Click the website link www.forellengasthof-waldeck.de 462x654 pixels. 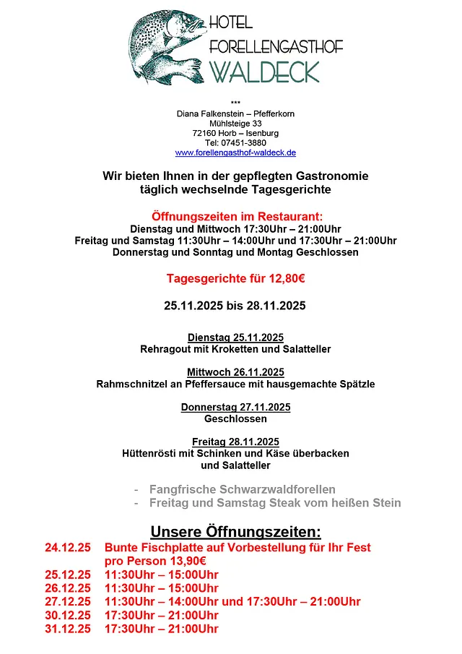point(235,153)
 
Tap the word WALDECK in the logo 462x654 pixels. point(264,72)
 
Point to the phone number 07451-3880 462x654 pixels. point(245,143)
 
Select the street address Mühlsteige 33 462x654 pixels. point(235,124)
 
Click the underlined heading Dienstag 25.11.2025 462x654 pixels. point(235,337)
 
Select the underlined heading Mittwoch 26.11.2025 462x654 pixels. point(235,372)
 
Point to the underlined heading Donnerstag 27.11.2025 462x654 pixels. point(235,407)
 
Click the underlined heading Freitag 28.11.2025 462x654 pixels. point(235,442)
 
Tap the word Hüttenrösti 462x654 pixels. point(151,454)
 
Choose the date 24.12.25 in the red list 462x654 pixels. point(68,548)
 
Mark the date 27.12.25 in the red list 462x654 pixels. point(68,601)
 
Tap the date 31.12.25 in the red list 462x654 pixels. point(68,629)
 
